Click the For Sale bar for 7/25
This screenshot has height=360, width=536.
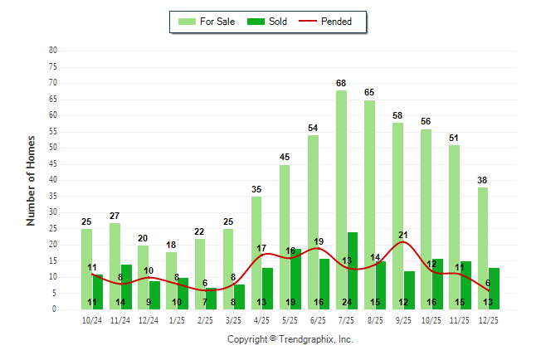[x=341, y=199]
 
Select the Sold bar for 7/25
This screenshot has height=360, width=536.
[x=353, y=270]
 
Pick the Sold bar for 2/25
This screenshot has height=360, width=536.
[x=211, y=299]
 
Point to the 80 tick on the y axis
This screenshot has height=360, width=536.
[x=53, y=51]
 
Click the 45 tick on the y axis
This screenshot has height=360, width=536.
[x=53, y=164]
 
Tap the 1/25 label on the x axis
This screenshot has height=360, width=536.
[x=177, y=320]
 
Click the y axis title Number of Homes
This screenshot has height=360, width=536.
[x=32, y=180]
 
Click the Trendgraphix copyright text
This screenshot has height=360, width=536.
[x=290, y=339]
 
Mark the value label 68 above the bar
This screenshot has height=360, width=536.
[x=341, y=83]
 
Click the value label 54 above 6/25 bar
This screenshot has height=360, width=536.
[x=313, y=129]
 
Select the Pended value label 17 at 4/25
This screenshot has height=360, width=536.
[x=261, y=248]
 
